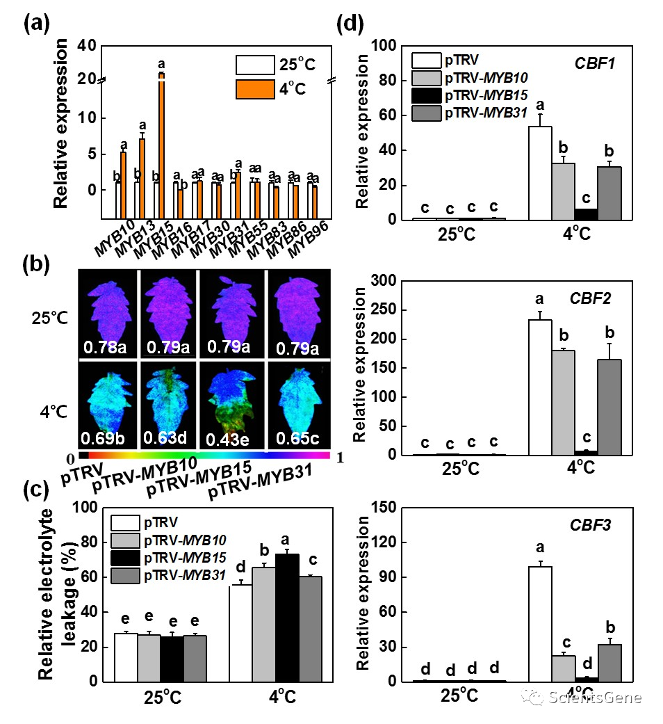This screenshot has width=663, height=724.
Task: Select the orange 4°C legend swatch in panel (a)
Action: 254,89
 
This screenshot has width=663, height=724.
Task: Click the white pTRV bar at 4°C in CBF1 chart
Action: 540,173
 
